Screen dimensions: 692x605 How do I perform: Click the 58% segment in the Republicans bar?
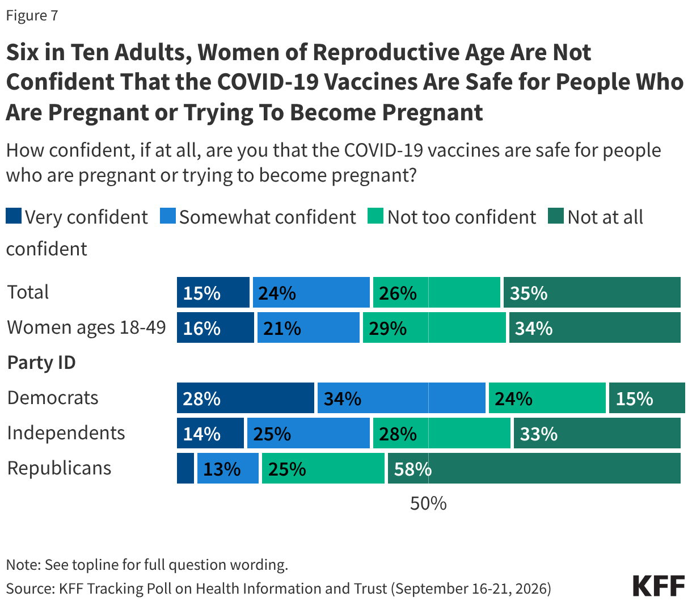[x=534, y=468]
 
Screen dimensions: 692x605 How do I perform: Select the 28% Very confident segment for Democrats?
[x=245, y=398]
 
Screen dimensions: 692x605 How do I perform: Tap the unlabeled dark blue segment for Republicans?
[x=185, y=468]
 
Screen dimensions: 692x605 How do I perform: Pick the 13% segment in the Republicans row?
[x=228, y=468]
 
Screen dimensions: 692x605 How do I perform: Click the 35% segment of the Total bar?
[x=592, y=292]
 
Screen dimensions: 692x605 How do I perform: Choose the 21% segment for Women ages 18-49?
[x=309, y=327]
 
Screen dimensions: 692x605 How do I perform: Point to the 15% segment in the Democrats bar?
[x=647, y=398]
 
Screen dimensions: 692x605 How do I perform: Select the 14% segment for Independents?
[x=210, y=433]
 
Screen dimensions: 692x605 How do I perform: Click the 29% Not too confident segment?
[x=434, y=327]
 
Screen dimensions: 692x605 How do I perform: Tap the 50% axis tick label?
[x=428, y=503]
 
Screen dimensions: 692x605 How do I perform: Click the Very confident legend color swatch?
[x=14, y=216]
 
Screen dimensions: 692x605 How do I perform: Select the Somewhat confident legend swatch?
[x=168, y=216]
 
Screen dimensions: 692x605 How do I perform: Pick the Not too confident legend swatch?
[x=375, y=216]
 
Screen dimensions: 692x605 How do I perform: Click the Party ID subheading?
[x=41, y=363]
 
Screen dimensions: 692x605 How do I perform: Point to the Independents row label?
[x=66, y=433]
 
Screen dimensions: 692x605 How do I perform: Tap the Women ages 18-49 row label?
[x=86, y=327]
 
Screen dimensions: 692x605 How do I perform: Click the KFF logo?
[x=659, y=585]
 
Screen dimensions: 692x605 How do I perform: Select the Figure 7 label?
[x=32, y=15]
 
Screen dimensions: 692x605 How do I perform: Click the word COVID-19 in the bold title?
[x=268, y=82]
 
